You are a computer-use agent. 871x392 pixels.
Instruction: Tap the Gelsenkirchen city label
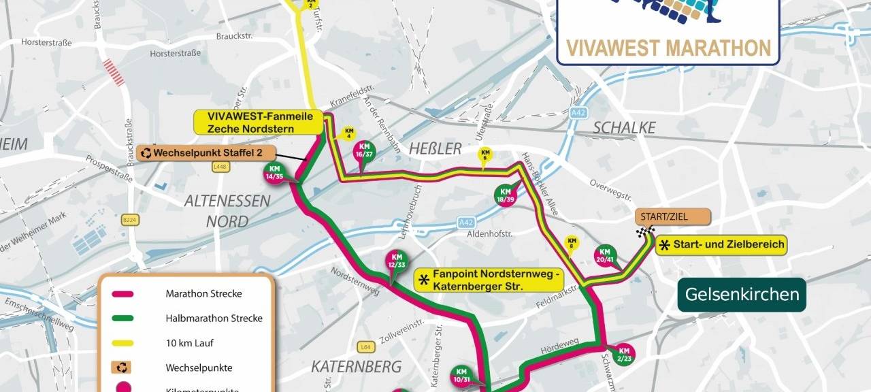point(741,295)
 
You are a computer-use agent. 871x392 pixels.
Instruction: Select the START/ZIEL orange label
point(672,217)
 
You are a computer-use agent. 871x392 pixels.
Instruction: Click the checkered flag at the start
point(642,233)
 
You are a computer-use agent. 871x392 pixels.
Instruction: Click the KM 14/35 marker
point(275,173)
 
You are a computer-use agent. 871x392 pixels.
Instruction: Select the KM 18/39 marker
point(506,195)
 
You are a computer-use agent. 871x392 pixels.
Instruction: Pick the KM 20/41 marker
point(604,255)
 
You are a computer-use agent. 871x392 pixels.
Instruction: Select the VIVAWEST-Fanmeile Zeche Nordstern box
point(259,122)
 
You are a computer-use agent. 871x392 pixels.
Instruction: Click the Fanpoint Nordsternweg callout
point(489,280)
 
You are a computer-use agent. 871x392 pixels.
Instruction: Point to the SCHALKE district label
point(624,127)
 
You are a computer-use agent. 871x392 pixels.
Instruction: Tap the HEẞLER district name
point(435,148)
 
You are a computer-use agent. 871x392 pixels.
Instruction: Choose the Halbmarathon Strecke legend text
point(214,318)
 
